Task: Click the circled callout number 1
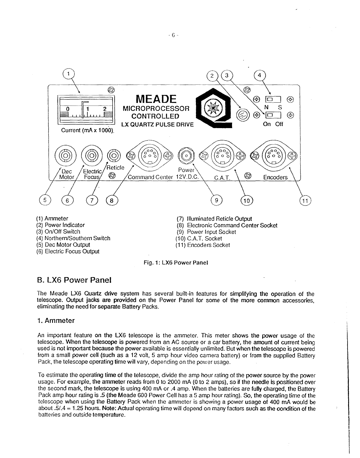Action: coord(68,73)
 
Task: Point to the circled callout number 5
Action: coord(45,200)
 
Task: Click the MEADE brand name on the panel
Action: coord(156,99)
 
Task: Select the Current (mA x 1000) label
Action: coord(87,130)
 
